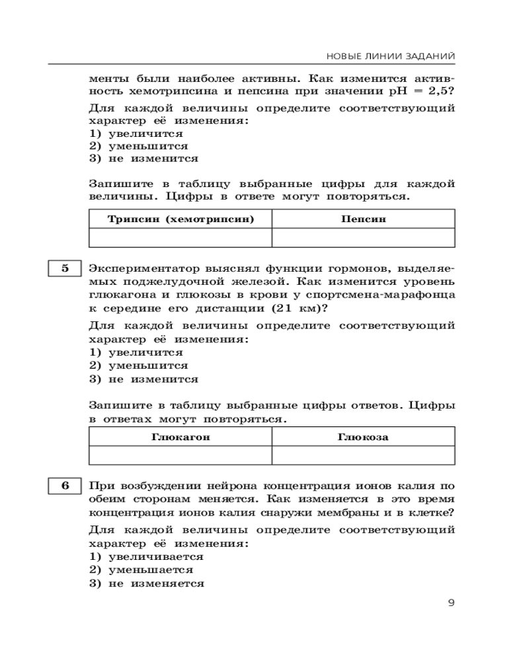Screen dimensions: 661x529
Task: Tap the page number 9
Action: point(451,602)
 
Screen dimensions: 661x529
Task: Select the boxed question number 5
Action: point(65,268)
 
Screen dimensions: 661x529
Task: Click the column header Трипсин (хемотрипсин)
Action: point(181,219)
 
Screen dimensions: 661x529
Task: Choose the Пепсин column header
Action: point(363,219)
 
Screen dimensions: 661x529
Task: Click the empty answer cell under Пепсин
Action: point(363,237)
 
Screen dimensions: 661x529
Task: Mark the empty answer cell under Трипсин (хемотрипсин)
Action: point(181,237)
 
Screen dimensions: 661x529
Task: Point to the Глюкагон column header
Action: point(181,437)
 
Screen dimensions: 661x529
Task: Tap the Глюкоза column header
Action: point(363,437)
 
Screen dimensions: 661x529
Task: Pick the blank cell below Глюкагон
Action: point(181,455)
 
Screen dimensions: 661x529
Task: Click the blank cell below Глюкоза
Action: point(363,455)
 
